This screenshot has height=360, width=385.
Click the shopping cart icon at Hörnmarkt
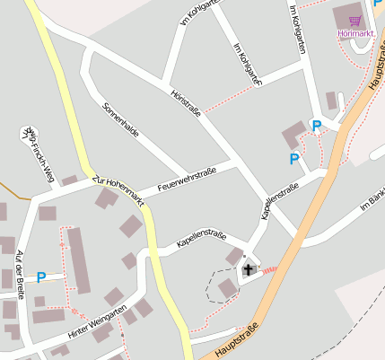pos(355,20)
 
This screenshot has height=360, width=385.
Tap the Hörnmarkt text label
pos(355,34)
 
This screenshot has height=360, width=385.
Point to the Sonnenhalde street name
pos(121,119)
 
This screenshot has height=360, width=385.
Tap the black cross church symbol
pos(248,268)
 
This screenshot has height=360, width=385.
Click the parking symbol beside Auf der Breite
pos(40,277)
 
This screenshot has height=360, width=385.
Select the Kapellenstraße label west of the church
pos(200,237)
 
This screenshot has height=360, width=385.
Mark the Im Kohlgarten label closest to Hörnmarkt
pos(298,31)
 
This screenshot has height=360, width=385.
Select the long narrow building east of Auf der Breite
pos(79,260)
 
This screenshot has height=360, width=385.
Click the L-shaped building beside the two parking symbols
pos(294,136)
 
